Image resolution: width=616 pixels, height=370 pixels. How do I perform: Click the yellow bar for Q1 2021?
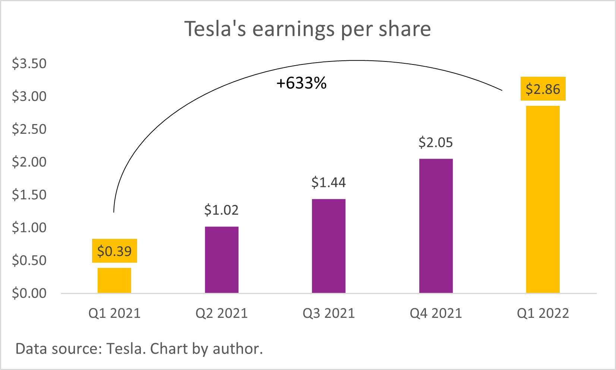pos(114,280)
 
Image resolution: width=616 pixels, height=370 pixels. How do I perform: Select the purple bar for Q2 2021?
pos(222,260)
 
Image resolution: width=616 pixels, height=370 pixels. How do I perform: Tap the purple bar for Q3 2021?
pos(329,246)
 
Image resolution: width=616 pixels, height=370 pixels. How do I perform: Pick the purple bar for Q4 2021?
pos(436,226)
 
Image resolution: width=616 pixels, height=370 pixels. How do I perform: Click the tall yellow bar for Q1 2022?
pos(543,199)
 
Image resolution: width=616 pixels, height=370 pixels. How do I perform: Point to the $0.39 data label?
pos(114,251)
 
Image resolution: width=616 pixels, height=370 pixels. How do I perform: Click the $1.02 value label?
pos(221,210)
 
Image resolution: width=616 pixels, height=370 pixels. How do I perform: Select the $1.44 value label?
pos(329,183)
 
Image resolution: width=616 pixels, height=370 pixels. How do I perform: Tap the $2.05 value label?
pos(436,143)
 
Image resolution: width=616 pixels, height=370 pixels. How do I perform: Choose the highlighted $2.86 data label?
pos(543,89)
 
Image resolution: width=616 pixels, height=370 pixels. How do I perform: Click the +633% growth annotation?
pos(301,83)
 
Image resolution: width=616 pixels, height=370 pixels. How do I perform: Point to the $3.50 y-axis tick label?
pos(29,64)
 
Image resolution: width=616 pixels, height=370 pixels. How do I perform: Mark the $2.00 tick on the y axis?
pos(29,162)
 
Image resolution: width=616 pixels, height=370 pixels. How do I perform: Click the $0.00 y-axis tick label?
pos(29,294)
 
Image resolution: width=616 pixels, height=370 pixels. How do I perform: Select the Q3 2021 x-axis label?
pos(329,313)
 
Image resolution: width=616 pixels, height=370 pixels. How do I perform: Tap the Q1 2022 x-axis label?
pos(543,313)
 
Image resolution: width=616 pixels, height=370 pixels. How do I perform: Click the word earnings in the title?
pos(293,29)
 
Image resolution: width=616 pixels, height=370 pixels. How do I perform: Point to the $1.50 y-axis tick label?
pos(29,195)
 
